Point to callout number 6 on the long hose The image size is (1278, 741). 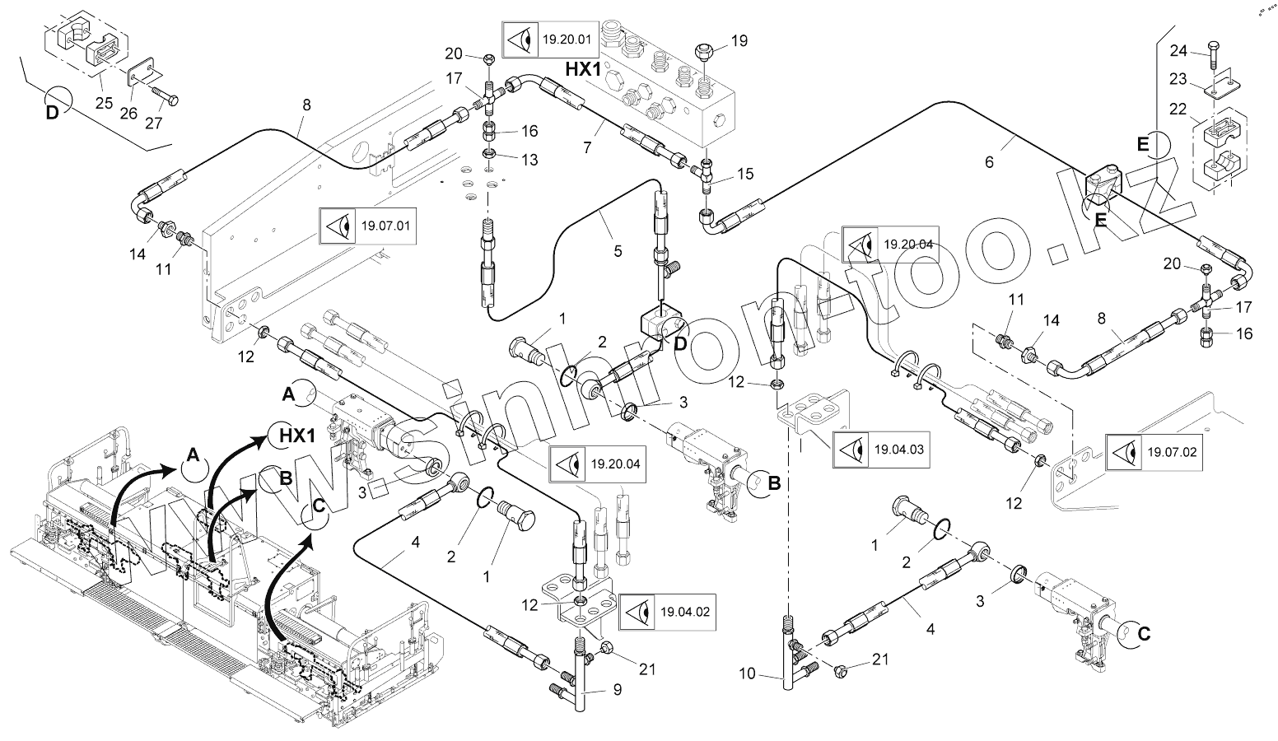click(989, 162)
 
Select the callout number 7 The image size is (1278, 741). click(587, 147)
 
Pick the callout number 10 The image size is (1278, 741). click(747, 674)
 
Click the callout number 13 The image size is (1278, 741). click(529, 160)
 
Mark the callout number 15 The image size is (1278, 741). click(745, 175)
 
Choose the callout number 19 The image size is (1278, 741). click(739, 40)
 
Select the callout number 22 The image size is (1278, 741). click(1179, 108)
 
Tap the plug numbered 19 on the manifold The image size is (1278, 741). click(706, 49)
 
